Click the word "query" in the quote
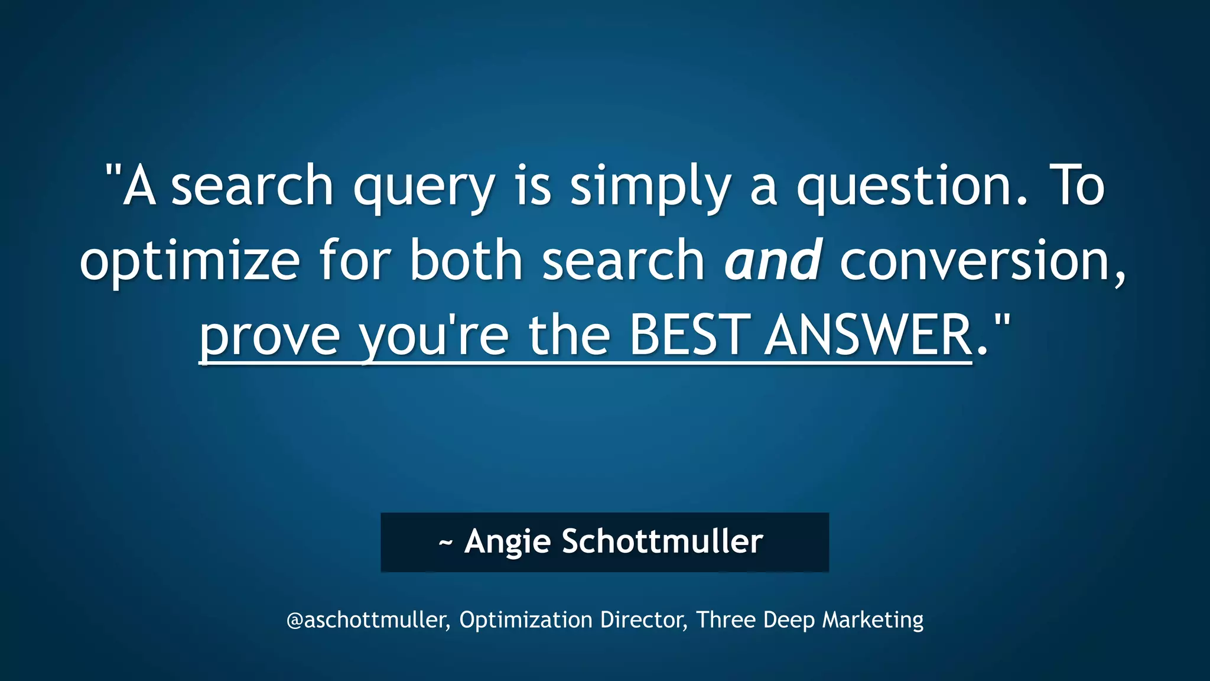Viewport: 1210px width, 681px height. coord(424,188)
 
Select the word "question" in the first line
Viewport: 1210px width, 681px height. coord(904,188)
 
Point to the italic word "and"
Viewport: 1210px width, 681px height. coord(773,260)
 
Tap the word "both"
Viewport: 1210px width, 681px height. coord(466,260)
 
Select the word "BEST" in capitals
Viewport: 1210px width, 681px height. coord(689,335)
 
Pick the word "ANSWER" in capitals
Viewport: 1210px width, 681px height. coord(868,335)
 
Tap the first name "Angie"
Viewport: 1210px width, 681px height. coord(508,541)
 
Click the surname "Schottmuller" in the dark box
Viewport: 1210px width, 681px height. coord(662,541)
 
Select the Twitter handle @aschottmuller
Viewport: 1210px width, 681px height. coord(366,620)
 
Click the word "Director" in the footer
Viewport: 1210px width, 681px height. coord(642,620)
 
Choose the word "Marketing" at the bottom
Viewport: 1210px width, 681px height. coord(873,620)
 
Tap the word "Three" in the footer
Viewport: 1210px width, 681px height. coord(726,620)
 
